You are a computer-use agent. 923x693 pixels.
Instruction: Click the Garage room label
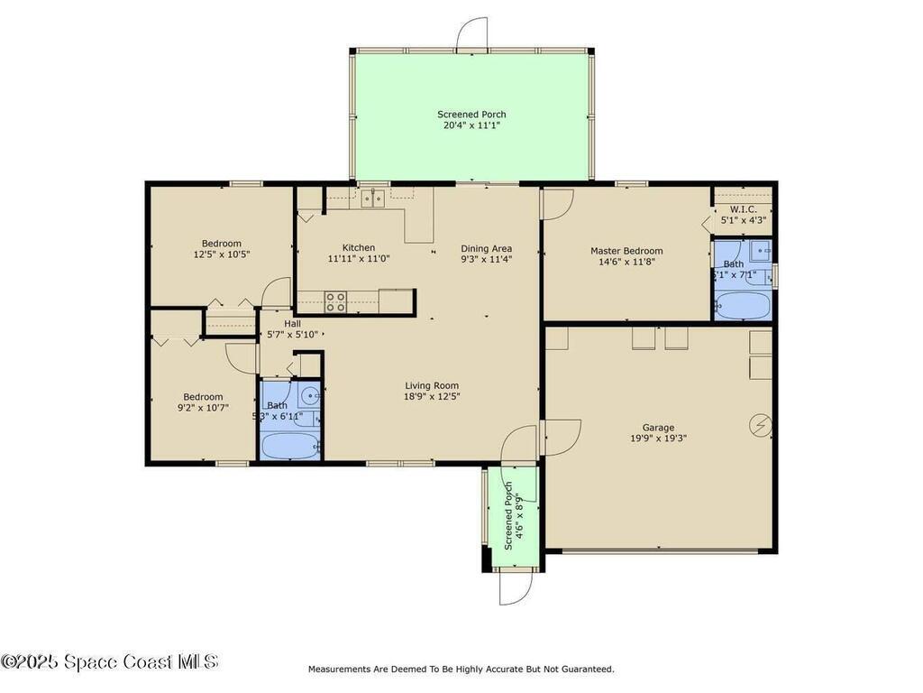point(658,428)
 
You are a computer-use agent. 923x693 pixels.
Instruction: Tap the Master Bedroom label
point(626,251)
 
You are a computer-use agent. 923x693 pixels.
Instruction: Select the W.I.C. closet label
point(743,209)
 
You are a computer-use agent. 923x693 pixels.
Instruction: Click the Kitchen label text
point(358,248)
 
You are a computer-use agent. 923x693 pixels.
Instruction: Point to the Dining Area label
point(486,249)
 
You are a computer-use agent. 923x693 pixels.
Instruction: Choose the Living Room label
point(431,386)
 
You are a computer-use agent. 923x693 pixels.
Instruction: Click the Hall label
point(293,323)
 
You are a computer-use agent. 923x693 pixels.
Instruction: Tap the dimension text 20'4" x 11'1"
point(471,125)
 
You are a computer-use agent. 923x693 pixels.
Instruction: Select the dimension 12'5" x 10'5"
point(221,254)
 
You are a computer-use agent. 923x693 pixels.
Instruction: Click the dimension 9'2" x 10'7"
point(203,408)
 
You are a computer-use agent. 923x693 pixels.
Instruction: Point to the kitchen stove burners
point(335,301)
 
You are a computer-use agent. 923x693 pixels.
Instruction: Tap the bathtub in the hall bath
point(289,446)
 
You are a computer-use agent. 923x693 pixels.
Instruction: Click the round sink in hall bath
point(309,394)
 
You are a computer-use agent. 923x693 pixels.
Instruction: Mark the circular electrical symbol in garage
point(761,425)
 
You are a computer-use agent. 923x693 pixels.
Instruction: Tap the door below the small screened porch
point(516,589)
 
